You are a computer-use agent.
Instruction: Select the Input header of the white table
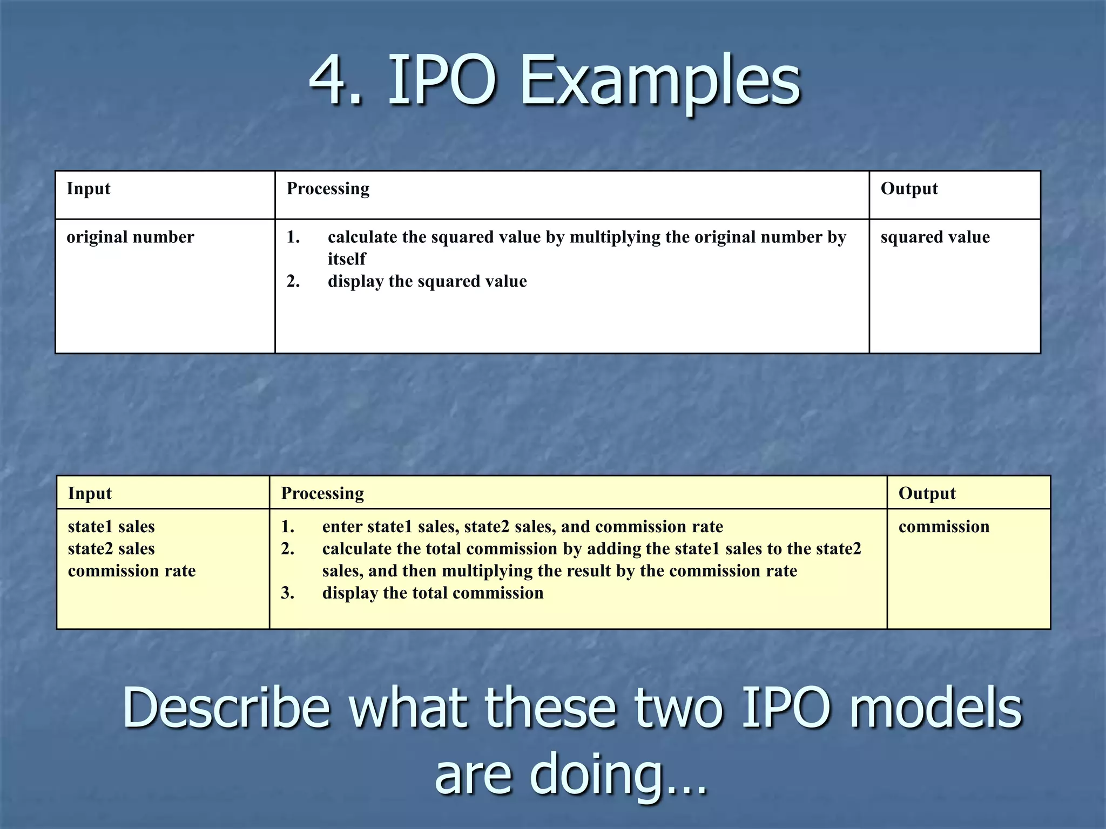tap(88, 188)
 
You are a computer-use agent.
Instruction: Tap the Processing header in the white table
tap(328, 188)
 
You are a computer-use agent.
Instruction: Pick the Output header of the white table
tap(909, 188)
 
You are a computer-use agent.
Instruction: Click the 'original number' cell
tap(130, 237)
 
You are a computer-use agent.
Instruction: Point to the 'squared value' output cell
tap(935, 237)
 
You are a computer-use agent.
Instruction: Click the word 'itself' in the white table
tap(346, 259)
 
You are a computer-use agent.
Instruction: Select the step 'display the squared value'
tap(427, 281)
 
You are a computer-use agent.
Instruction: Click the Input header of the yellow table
tap(90, 493)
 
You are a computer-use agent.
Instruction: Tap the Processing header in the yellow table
tap(322, 493)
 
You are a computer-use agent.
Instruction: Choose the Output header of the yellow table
tap(927, 493)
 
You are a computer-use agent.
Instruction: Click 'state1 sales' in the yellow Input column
tap(111, 526)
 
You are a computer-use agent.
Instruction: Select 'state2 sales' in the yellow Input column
tap(111, 548)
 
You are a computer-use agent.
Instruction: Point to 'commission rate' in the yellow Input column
tap(132, 570)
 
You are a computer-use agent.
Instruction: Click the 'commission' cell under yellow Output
tap(943, 526)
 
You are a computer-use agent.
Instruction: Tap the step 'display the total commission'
tap(433, 593)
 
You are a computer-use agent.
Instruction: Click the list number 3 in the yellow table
tap(287, 593)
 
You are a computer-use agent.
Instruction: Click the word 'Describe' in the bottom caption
tap(226, 708)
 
